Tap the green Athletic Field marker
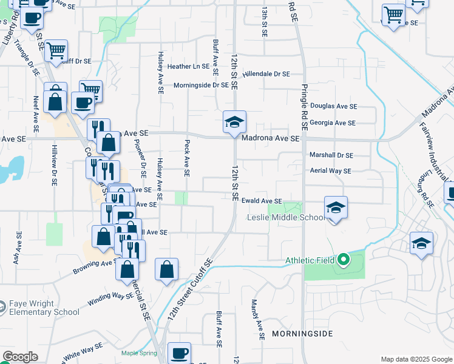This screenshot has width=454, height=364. click(x=343, y=260)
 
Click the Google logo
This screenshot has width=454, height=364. click(x=20, y=357)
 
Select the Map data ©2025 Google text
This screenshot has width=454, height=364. click(x=416, y=359)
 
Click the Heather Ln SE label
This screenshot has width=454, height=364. click(x=188, y=66)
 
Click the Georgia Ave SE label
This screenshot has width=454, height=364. click(x=332, y=123)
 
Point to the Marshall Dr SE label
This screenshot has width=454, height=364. click(x=331, y=155)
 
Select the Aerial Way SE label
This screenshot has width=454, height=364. click(x=330, y=171)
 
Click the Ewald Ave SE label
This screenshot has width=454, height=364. click(x=262, y=201)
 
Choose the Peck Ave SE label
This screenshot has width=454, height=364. click(x=187, y=158)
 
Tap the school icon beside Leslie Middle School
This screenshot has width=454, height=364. click(x=336, y=209)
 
